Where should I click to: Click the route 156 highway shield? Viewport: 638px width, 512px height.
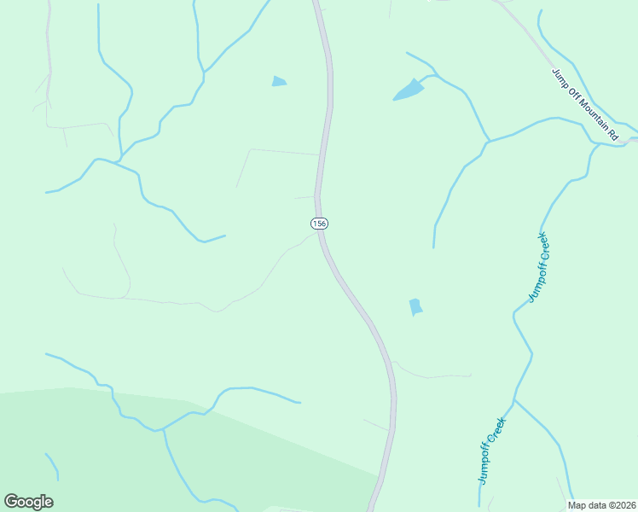click(x=318, y=223)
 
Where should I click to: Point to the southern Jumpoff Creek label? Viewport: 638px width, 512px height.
click(x=492, y=451)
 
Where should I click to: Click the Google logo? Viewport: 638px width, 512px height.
click(x=28, y=502)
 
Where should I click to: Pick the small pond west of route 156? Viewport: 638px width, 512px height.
click(x=279, y=82)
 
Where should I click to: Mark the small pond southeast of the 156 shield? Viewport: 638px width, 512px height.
click(x=415, y=306)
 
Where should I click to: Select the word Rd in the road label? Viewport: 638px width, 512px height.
click(x=612, y=134)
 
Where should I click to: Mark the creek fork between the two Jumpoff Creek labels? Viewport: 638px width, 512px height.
click(x=513, y=399)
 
